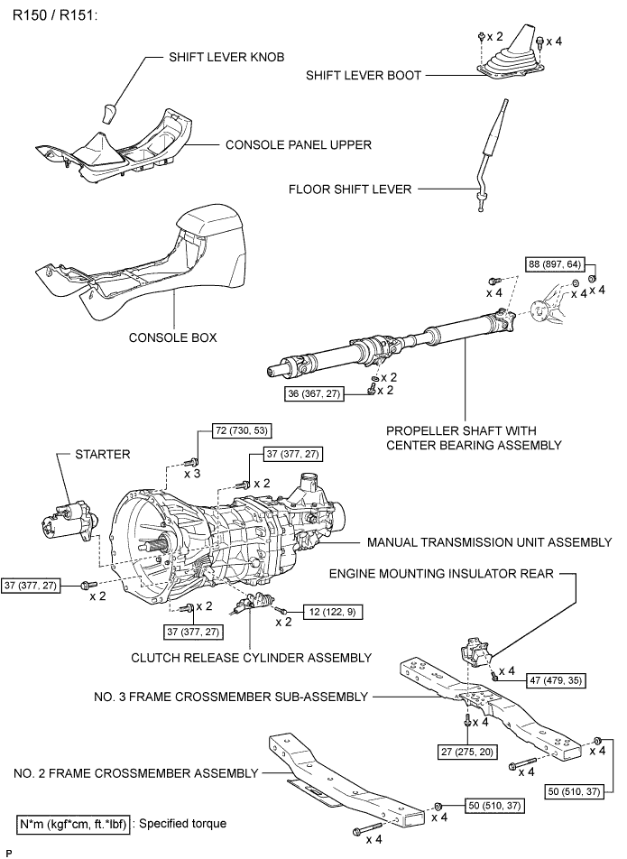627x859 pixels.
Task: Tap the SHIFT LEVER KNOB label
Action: [226, 56]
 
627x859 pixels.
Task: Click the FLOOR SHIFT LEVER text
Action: [350, 189]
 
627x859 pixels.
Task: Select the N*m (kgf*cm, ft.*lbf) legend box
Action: [74, 824]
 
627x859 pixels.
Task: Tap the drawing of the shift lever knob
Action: [110, 114]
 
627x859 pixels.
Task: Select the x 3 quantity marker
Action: [193, 474]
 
